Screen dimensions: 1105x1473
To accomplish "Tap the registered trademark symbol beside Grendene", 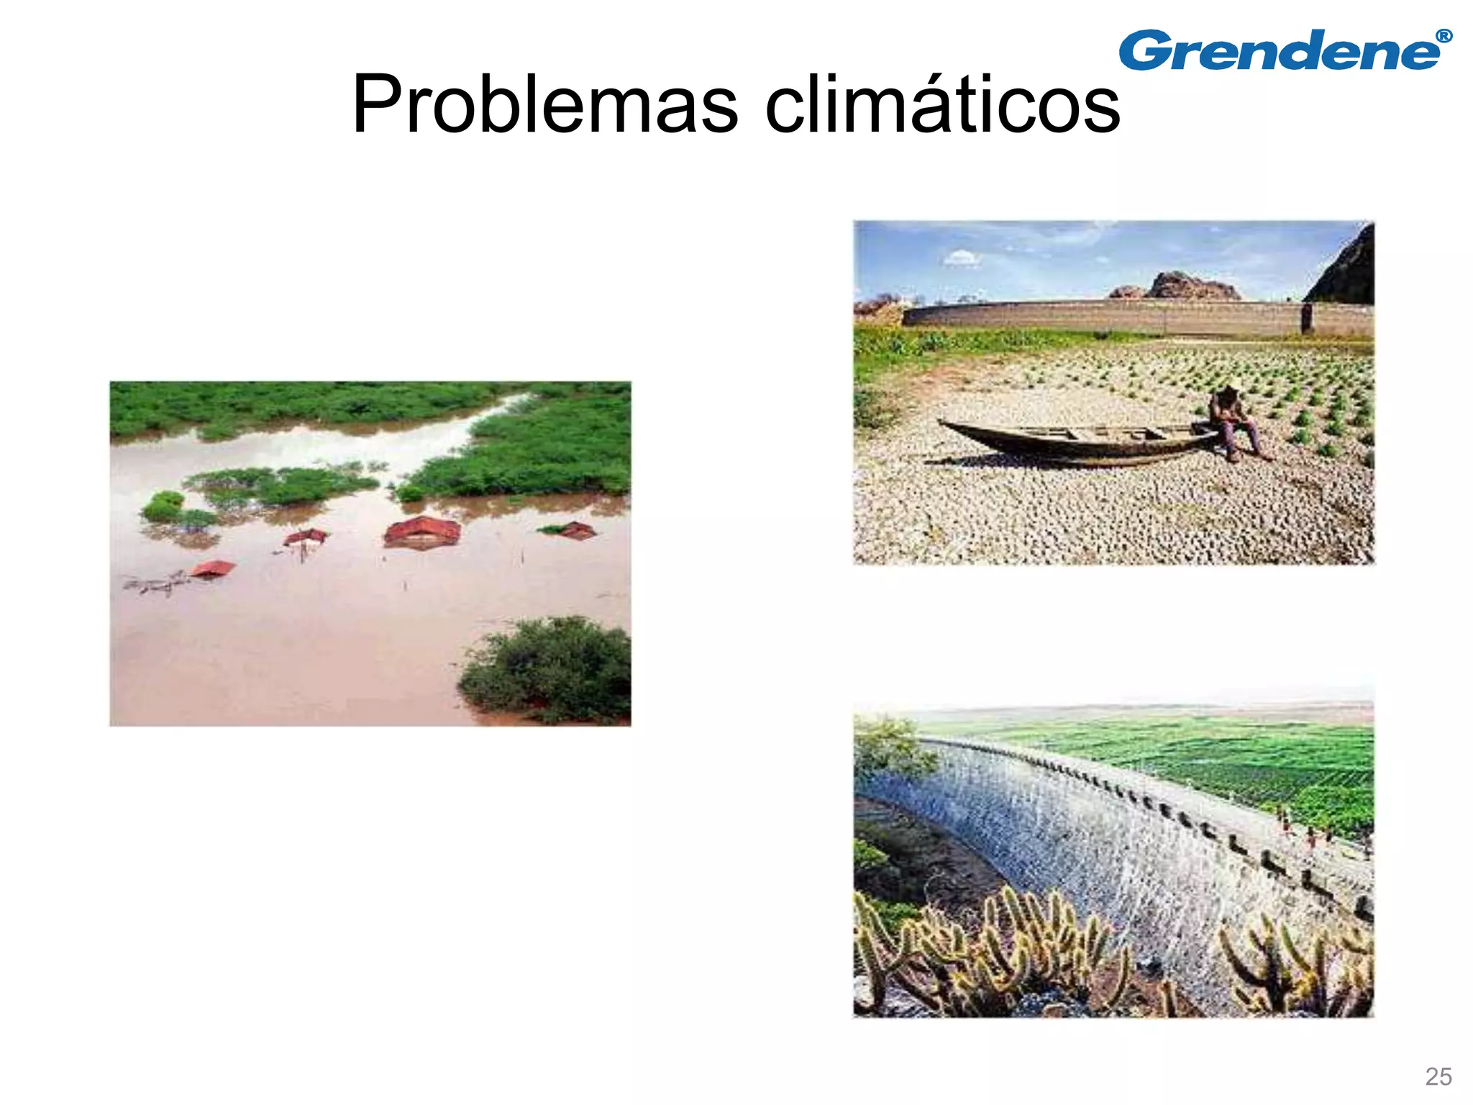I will click(1443, 36).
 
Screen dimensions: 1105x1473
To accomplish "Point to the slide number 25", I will click(1438, 1076).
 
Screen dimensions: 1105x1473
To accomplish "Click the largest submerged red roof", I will click(423, 532).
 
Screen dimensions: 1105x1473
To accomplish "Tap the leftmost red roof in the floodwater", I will click(213, 568).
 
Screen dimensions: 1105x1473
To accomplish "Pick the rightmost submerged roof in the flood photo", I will click(576, 531).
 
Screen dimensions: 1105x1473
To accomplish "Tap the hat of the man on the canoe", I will click(1228, 391).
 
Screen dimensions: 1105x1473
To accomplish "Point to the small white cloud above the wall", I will click(962, 258).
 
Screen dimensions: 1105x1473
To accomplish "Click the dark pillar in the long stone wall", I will click(1307, 318).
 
